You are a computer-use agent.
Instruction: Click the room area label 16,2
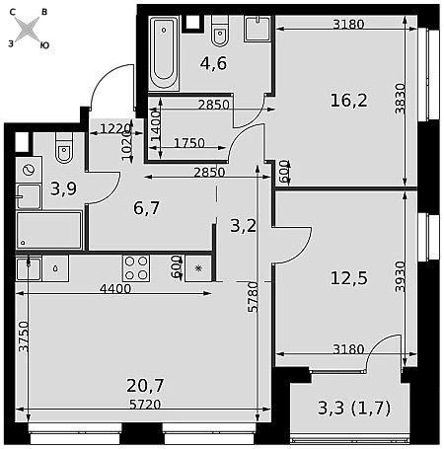348,100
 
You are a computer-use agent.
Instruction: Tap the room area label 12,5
348,278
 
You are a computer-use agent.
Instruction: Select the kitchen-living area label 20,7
145,385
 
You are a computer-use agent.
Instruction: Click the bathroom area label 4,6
213,63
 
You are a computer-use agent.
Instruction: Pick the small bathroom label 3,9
63,188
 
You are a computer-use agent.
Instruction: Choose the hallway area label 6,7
147,208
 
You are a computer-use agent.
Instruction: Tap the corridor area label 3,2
243,226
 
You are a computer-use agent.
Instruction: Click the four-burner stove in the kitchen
136,268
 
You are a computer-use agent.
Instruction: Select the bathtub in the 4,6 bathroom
164,52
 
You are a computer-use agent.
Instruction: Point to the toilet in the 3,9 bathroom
64,148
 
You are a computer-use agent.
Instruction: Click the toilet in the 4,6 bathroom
220,31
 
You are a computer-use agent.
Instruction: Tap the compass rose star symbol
28,29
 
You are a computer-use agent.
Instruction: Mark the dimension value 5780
254,297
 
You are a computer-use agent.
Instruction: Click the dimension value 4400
115,289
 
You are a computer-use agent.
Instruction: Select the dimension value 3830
401,99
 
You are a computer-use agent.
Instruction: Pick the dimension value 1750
189,143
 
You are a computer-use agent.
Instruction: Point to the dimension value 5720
145,405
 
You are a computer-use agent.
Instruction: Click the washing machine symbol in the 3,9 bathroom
29,170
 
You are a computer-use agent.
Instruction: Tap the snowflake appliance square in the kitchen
198,268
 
